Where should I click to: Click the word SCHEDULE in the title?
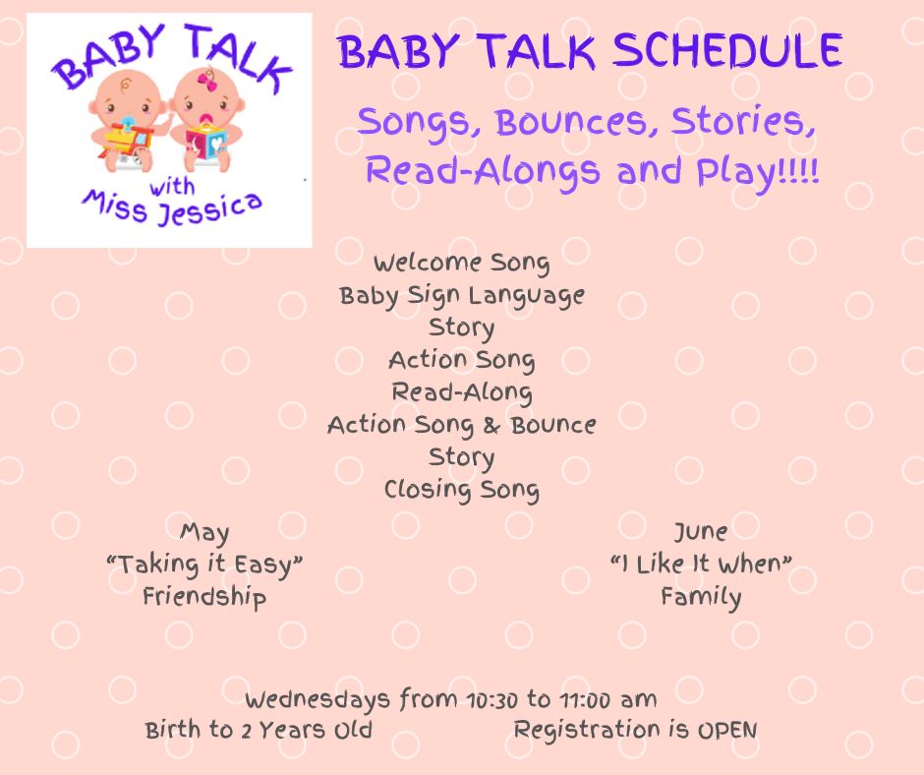[x=727, y=51]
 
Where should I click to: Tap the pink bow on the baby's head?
[x=206, y=81]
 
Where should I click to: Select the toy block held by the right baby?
[x=205, y=143]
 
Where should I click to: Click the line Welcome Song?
[x=461, y=263]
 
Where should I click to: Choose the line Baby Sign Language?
[x=462, y=296]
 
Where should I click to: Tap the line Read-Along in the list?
[x=462, y=392]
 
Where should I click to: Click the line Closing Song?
[x=462, y=490]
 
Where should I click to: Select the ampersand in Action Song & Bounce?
[x=491, y=425]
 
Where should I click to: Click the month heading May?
[x=204, y=533]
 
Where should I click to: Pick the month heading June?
[x=701, y=532]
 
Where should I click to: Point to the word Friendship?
[x=204, y=597]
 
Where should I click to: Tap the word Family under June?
[x=701, y=597]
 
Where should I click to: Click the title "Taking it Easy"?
[x=204, y=565]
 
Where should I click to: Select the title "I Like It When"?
[x=701, y=565]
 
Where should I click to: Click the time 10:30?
[x=491, y=700]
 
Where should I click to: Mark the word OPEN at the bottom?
[x=727, y=731]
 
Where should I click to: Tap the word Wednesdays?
[x=318, y=700]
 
